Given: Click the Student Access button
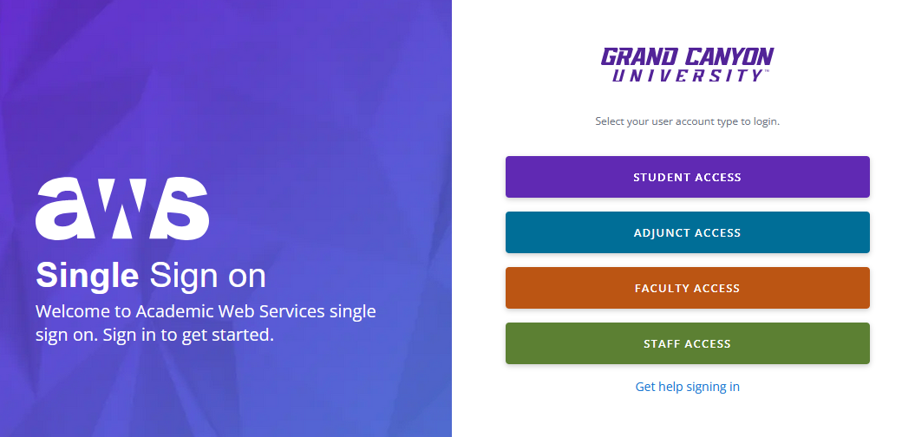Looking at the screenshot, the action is [x=688, y=177].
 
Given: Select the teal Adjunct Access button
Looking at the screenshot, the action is [x=688, y=232].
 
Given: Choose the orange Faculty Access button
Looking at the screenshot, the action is [x=688, y=288].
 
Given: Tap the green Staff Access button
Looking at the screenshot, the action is [x=688, y=343].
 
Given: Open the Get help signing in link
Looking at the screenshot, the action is [x=688, y=386].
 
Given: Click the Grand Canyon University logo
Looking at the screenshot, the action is [x=688, y=65].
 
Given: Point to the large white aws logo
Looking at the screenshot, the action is [x=122, y=208].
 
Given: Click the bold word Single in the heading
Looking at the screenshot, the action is [x=88, y=276].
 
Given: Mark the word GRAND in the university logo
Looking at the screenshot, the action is [x=639, y=57].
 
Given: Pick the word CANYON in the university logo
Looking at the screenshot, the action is [x=729, y=57].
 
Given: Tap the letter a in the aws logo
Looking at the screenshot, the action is [x=65, y=209].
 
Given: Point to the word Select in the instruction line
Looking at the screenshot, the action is [x=610, y=121].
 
